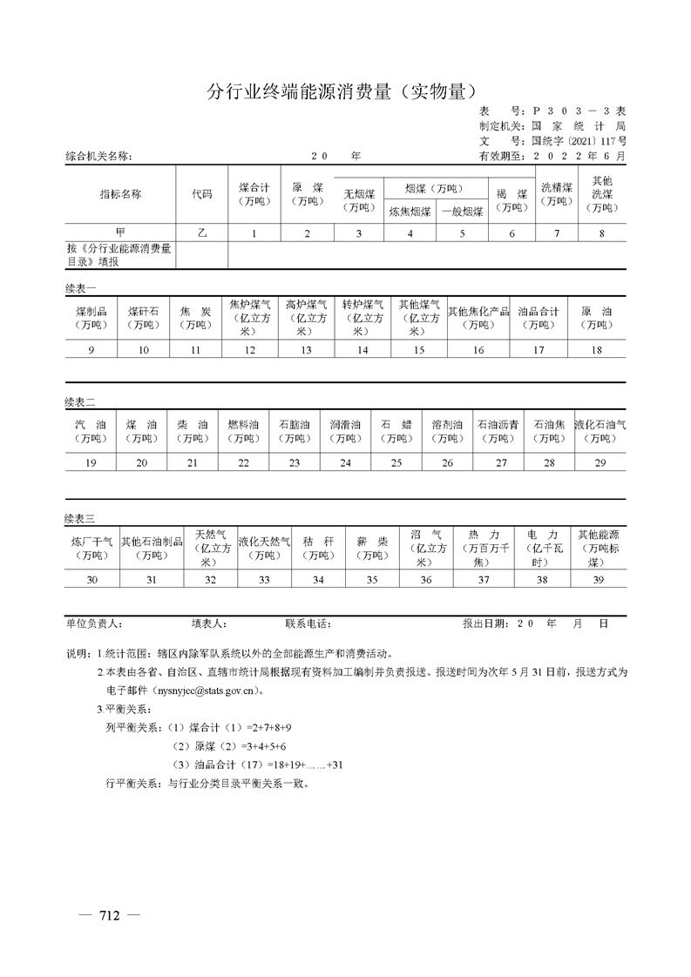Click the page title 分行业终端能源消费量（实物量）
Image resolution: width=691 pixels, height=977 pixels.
pyautogui.click(x=345, y=91)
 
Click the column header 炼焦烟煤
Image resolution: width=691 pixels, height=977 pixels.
pyautogui.click(x=410, y=211)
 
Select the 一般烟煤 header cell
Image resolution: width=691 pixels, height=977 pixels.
pyautogui.click(x=462, y=211)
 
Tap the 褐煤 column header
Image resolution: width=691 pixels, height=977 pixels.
pyautogui.click(x=512, y=199)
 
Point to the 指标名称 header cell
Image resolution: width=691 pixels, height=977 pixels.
pyautogui.click(x=120, y=193)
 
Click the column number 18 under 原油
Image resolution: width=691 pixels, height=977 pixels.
pyautogui.click(x=597, y=350)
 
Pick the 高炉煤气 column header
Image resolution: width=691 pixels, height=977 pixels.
pyautogui.click(x=306, y=317)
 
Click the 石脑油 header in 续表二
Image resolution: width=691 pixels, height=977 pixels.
pyautogui.click(x=294, y=431)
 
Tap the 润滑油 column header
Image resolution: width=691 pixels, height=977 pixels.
pyautogui.click(x=345, y=431)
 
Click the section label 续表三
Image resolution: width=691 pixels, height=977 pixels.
pyautogui.click(x=80, y=519)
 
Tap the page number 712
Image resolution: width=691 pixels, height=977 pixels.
pyautogui.click(x=109, y=915)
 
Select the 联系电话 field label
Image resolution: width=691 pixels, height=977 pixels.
pyautogui.click(x=308, y=624)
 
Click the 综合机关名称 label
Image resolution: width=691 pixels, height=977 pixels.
pyautogui.click(x=98, y=157)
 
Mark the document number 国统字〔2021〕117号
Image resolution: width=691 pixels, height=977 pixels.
pyautogui.click(x=578, y=139)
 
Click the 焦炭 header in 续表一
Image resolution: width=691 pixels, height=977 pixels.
pyautogui.click(x=195, y=317)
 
